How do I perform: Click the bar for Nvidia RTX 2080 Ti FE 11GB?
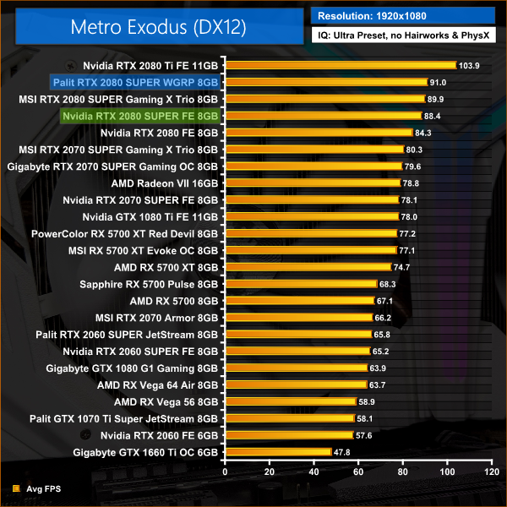click(x=339, y=64)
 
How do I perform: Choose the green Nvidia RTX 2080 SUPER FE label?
click(x=140, y=116)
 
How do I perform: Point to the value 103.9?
click(x=468, y=65)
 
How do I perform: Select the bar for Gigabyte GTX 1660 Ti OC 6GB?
click(x=276, y=452)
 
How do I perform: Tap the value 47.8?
click(x=344, y=453)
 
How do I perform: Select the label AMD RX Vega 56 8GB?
click(x=166, y=401)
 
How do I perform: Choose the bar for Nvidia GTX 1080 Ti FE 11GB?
click(x=310, y=216)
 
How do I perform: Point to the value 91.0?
click(x=438, y=82)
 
